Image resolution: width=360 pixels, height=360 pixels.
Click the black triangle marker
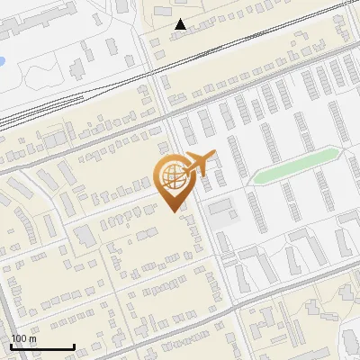(x=181, y=24)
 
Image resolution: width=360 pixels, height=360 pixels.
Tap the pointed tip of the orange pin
(x=170, y=209)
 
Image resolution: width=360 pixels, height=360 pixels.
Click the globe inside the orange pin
(x=170, y=175)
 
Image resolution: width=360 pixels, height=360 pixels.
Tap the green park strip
(x=297, y=167)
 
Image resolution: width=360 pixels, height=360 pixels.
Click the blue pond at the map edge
(x=2, y=62)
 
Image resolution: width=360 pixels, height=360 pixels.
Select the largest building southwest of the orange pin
(x=85, y=237)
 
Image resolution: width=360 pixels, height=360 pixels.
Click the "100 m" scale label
(x=23, y=338)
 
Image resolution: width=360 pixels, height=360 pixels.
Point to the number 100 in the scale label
(x=19, y=338)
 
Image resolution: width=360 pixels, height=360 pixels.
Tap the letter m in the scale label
(x=32, y=338)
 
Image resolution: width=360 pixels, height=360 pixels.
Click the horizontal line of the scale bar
(x=42, y=346)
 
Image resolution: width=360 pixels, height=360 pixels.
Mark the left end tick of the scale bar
(x=12, y=345)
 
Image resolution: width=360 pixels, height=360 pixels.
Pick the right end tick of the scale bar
(x=74, y=345)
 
